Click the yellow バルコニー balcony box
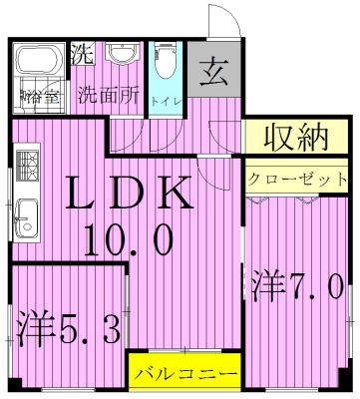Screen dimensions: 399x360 [185, 375]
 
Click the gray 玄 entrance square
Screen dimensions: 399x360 [212, 71]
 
